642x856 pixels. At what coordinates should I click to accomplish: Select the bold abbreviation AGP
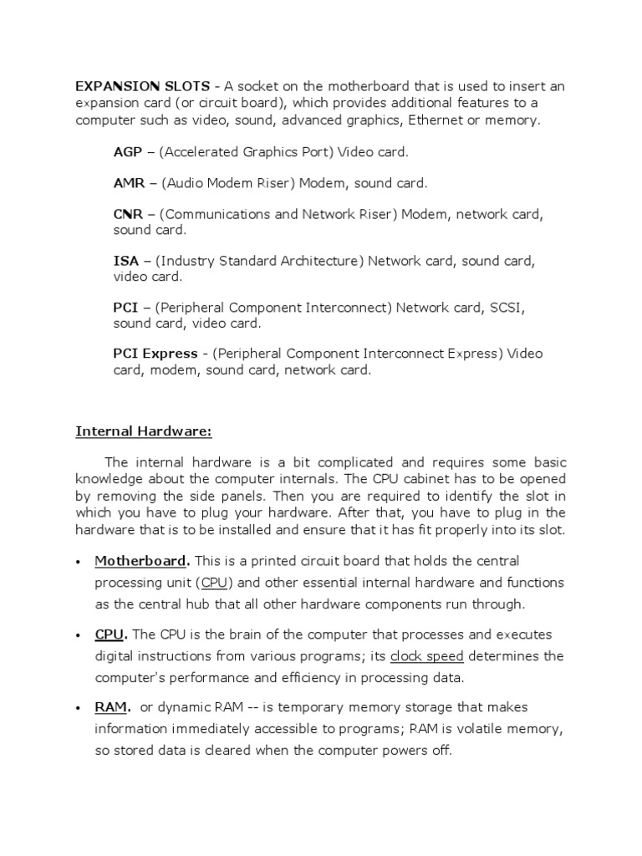[x=128, y=152]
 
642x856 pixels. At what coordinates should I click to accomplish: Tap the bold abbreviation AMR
[x=130, y=182]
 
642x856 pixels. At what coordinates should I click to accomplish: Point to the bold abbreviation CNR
[x=129, y=214]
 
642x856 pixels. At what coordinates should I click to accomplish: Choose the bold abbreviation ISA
[x=126, y=261]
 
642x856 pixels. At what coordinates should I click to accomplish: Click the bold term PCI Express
[x=155, y=353]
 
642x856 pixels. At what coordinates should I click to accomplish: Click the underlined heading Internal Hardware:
[x=144, y=431]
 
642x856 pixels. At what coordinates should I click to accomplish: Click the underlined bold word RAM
[x=110, y=706]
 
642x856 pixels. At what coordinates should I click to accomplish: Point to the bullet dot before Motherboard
[x=77, y=560]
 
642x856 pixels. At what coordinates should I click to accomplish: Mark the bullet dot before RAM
[x=77, y=707]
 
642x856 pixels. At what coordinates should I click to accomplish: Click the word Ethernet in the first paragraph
[x=438, y=120]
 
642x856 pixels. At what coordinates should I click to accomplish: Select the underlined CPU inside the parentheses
[x=215, y=582]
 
